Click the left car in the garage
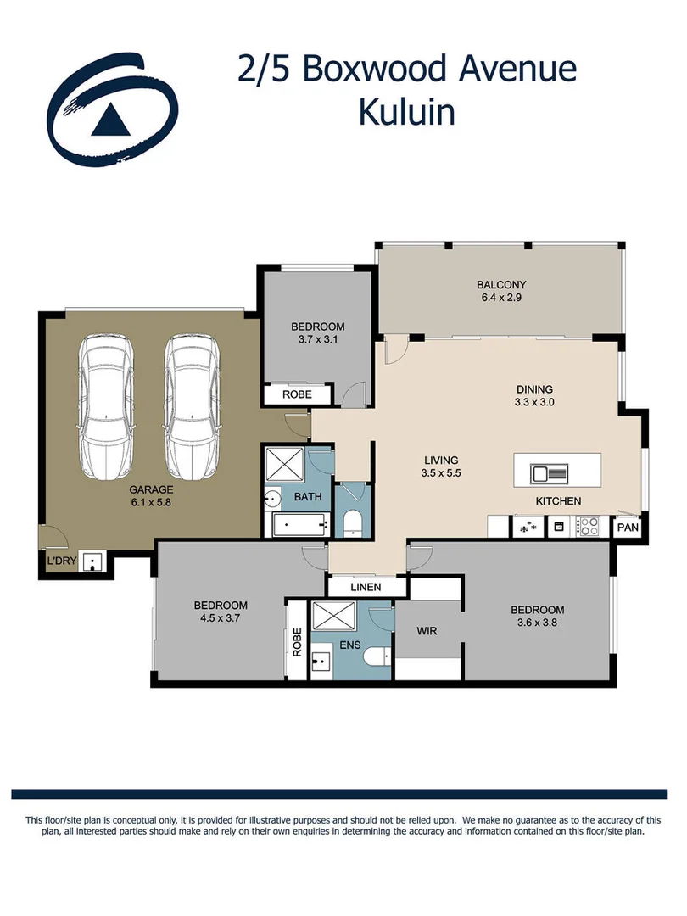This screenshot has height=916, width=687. click(105, 408)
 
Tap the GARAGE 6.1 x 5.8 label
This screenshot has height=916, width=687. click(151, 496)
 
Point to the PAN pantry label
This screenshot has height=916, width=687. click(628, 527)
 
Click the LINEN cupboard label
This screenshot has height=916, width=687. click(366, 587)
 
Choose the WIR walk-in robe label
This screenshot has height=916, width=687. click(426, 632)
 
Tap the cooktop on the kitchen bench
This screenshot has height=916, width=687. click(589, 527)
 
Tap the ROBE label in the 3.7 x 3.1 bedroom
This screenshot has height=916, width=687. click(297, 394)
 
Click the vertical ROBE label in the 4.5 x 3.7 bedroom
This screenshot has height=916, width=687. click(297, 642)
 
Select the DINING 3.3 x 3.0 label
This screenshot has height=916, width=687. click(535, 396)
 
